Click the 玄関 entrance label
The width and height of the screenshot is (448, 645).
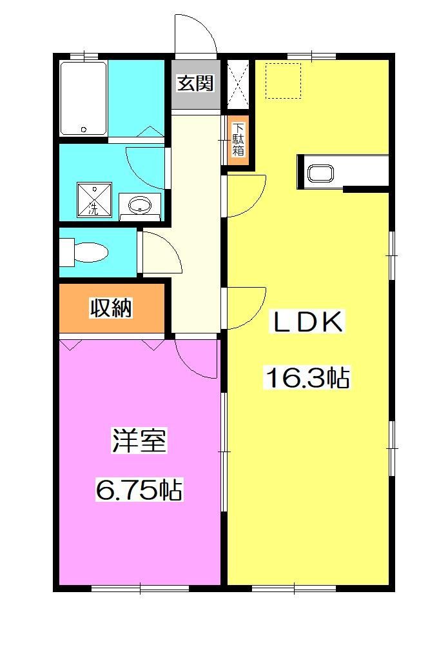tap(196, 83)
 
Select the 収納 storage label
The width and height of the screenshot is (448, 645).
tap(111, 308)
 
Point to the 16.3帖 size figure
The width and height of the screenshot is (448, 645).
tap(307, 378)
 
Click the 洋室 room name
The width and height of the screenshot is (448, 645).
tap(139, 442)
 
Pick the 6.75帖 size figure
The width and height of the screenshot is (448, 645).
tap(139, 491)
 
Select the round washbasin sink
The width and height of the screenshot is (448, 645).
tap(140, 206)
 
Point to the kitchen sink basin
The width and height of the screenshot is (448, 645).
tap(320, 174)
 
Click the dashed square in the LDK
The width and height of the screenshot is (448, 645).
tap(284, 81)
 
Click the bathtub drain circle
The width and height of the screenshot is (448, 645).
tap(84, 129)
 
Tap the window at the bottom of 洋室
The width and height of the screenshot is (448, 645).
tap(140, 588)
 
